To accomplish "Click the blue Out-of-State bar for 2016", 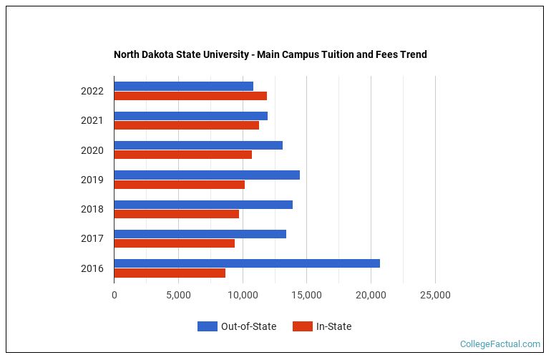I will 247,263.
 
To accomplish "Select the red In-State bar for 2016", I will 170,273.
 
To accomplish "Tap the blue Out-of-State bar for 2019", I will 207,175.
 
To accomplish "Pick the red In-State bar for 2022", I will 190,96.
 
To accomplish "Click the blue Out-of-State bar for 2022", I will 183,86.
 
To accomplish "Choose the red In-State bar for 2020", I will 182,155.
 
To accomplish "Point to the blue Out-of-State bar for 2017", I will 200,234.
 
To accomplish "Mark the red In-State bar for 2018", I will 176,214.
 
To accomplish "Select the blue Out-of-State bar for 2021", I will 190,116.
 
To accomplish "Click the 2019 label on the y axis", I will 92,180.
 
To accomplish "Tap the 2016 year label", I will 92,268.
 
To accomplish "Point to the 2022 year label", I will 92,91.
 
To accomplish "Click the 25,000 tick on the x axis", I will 435,295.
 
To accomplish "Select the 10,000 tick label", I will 243,295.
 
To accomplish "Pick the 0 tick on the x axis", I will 114,295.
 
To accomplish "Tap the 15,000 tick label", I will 307,295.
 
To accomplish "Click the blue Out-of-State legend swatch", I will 207,326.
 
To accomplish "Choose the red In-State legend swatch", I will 302,326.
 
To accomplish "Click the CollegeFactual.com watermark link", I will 499,344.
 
